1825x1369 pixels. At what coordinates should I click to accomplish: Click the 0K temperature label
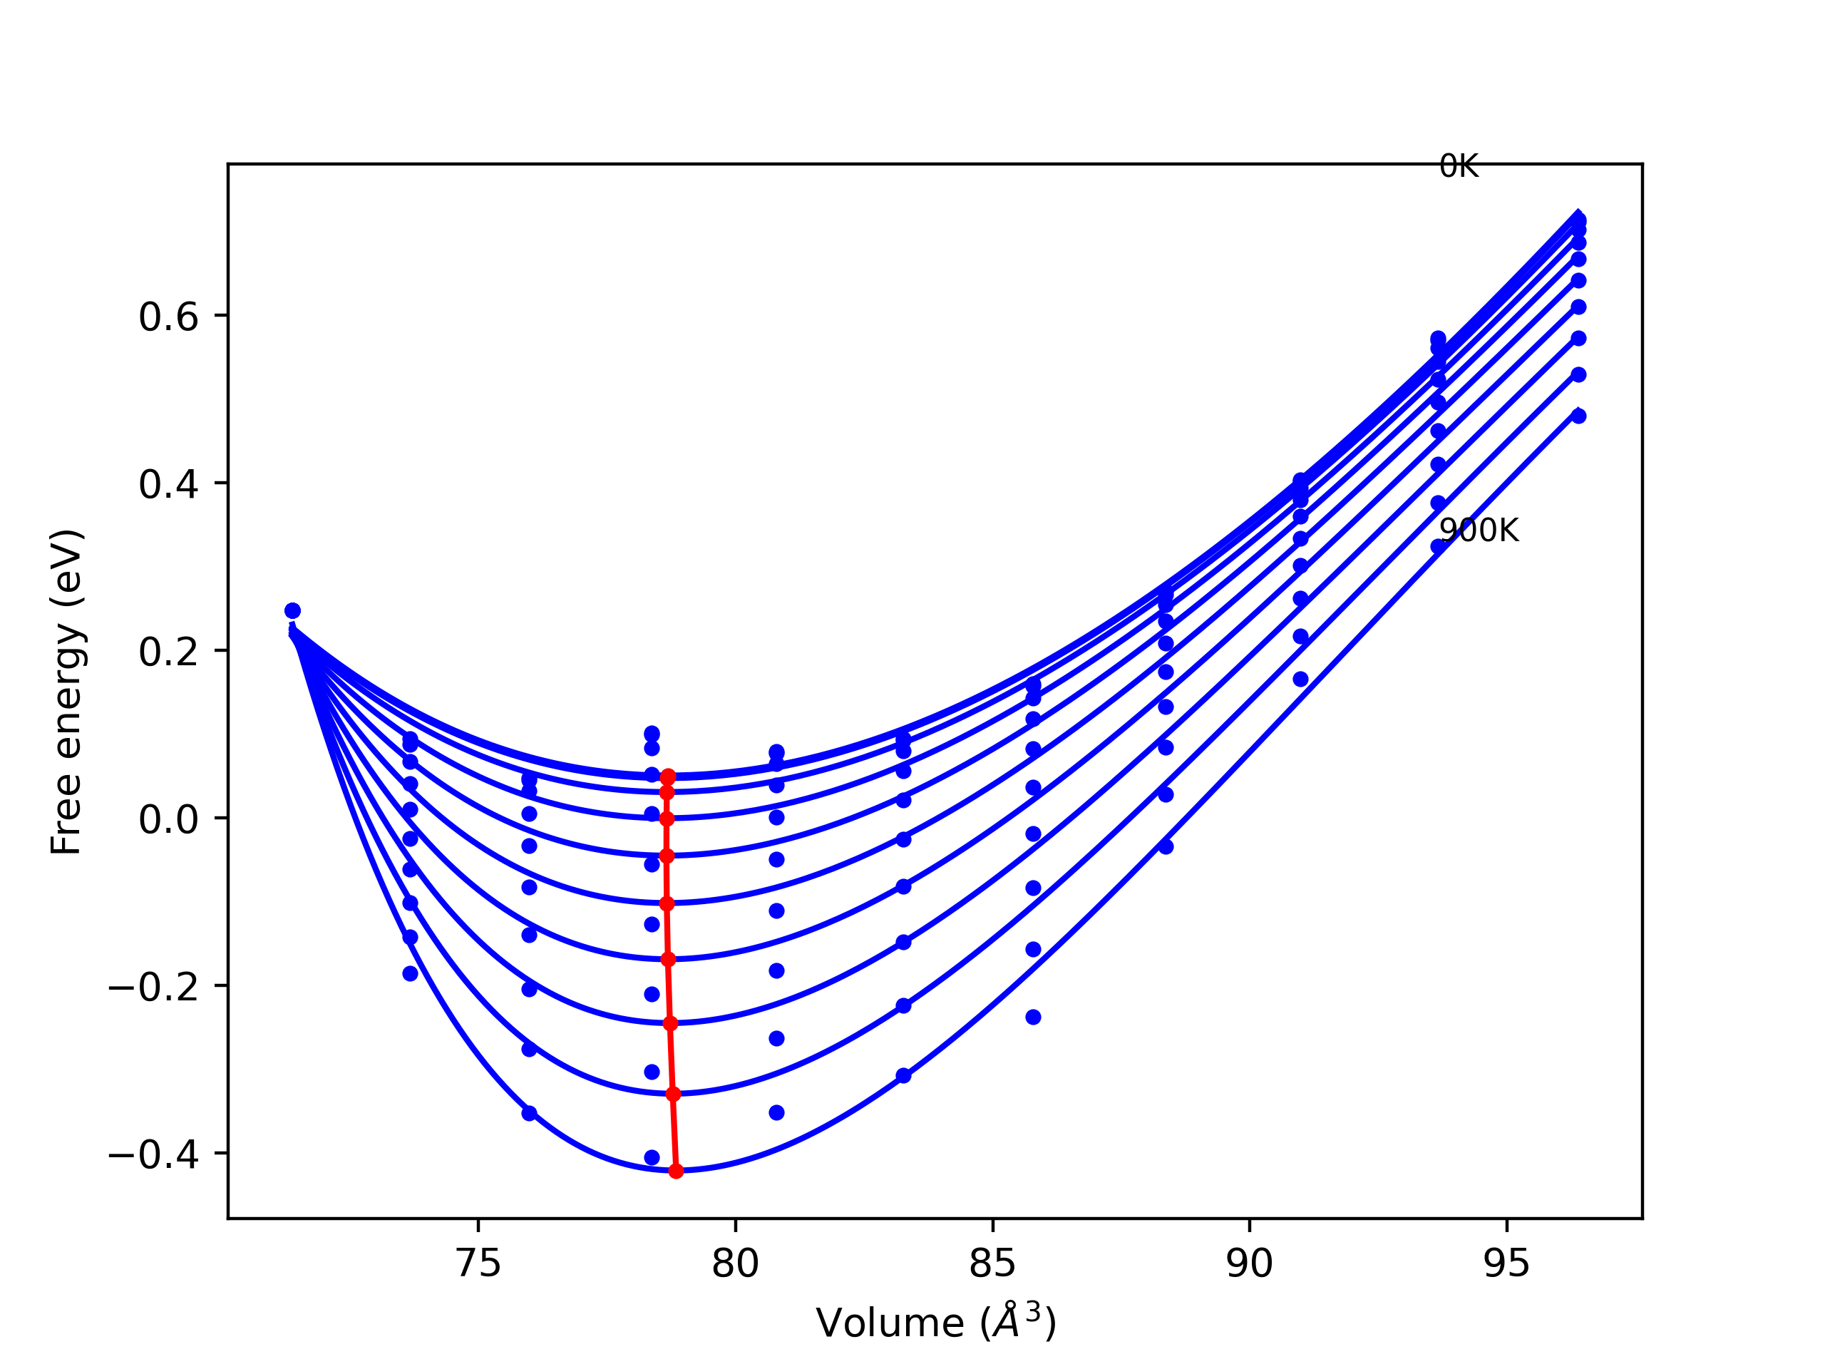click(x=1458, y=167)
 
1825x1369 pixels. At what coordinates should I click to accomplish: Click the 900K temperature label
click(x=1479, y=530)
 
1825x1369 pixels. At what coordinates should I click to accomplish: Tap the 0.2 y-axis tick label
click(x=168, y=652)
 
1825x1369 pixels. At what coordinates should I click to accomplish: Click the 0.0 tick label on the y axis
click(x=168, y=820)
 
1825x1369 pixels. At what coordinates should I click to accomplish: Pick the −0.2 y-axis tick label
click(x=153, y=988)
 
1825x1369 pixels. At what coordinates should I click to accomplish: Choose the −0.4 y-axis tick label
click(x=153, y=1155)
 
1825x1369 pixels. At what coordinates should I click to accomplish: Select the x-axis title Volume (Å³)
click(x=935, y=1323)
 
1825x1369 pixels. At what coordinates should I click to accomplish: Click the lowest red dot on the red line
click(x=676, y=1171)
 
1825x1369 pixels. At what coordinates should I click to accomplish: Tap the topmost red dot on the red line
click(x=668, y=776)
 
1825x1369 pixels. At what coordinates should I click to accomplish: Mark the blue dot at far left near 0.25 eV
click(x=292, y=610)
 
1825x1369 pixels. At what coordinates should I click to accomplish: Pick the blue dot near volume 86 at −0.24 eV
click(x=1033, y=1017)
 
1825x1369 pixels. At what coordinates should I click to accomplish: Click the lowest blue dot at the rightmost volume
click(x=1578, y=416)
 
